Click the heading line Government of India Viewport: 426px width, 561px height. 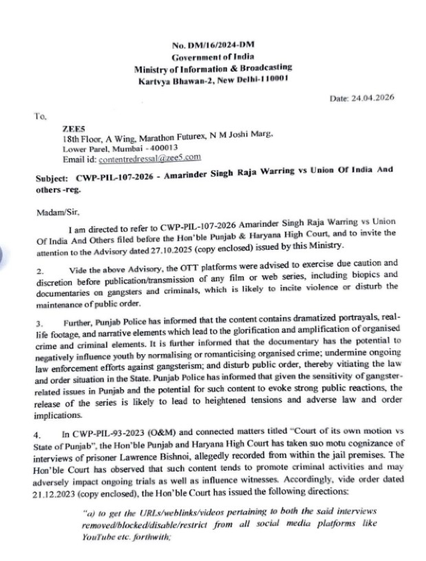[213, 57]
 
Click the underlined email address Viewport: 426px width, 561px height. [150, 159]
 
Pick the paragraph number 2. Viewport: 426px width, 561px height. [40, 272]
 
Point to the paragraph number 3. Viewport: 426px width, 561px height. [39, 323]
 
